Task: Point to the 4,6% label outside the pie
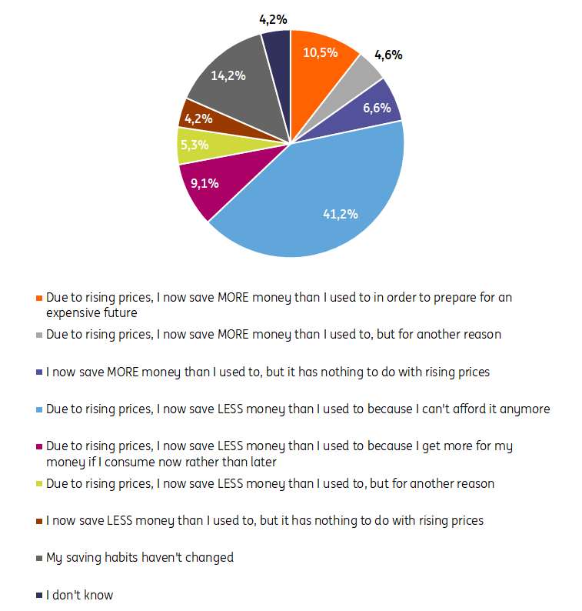click(x=388, y=55)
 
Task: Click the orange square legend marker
click(x=38, y=298)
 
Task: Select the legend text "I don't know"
click(x=79, y=595)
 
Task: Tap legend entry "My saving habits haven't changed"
click(x=139, y=557)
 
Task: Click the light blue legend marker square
click(x=38, y=409)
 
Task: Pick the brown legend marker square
click(x=38, y=521)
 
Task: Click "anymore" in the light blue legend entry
click(x=524, y=409)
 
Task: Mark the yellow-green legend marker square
click(x=38, y=484)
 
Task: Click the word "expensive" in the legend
click(x=73, y=313)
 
